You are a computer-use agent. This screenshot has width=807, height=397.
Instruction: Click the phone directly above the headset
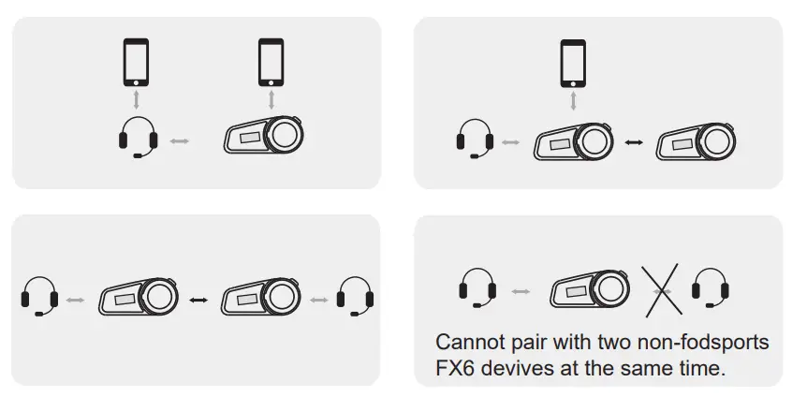(137, 63)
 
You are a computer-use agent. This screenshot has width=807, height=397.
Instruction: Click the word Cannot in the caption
(471, 343)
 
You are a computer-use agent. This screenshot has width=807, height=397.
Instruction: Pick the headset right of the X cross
(710, 288)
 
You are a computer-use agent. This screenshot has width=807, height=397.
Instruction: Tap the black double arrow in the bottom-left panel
(198, 300)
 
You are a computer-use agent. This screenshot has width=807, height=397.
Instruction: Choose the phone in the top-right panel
(573, 63)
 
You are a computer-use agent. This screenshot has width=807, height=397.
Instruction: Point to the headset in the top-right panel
(475, 140)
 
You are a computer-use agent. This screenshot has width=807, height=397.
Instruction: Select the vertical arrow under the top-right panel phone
(573, 100)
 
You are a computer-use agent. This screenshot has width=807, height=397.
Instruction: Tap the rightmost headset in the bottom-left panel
(355, 297)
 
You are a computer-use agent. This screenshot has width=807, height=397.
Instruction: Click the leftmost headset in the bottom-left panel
(39, 297)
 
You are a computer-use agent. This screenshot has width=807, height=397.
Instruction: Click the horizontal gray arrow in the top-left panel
(179, 141)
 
